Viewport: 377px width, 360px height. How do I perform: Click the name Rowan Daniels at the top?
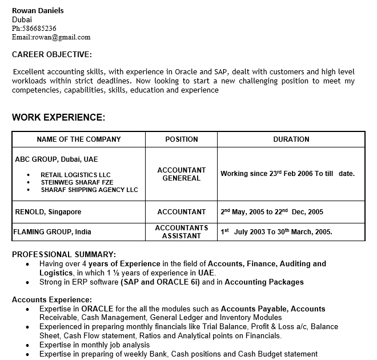point(38,10)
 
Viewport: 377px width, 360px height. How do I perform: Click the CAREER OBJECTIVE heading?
point(51,54)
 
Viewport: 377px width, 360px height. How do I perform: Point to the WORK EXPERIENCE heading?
point(58,117)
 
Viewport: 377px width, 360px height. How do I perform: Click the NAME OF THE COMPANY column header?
point(79,139)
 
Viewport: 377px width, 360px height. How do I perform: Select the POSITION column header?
point(181,139)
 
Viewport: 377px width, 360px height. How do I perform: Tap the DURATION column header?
point(291,139)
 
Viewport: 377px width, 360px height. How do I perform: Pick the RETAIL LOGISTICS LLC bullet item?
point(75,175)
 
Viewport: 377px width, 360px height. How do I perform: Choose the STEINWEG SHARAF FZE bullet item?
point(77,182)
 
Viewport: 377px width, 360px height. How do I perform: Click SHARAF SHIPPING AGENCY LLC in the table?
point(89,190)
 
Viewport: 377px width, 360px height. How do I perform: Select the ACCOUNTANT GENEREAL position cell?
point(181,174)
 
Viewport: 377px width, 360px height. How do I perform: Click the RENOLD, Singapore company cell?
point(48,212)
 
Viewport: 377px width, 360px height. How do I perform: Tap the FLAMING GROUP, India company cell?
point(52,232)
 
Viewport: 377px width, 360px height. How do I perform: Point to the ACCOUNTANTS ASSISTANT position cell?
point(181,232)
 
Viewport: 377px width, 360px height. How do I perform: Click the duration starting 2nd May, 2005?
point(272,212)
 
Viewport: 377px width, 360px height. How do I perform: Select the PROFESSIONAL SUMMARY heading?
point(64,254)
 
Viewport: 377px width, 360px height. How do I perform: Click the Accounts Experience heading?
point(51,299)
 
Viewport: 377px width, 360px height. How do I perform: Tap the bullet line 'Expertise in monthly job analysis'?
point(94,345)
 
